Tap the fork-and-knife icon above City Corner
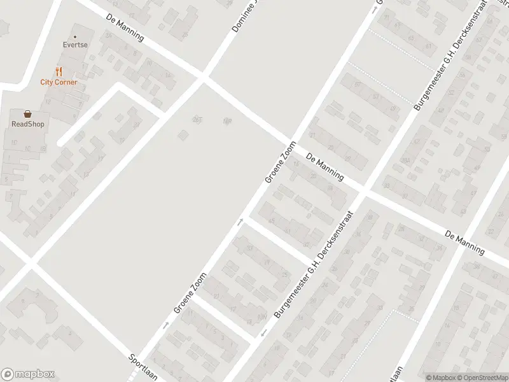point(59,71)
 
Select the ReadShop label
point(27,124)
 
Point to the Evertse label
point(75,46)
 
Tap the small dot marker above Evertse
point(75,36)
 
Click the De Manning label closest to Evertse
point(125,29)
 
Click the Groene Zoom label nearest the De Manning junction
point(281,162)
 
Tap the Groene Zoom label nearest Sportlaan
point(190,294)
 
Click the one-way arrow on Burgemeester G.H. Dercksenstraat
point(263,334)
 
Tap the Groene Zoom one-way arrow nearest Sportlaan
point(167,325)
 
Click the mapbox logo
point(27,374)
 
